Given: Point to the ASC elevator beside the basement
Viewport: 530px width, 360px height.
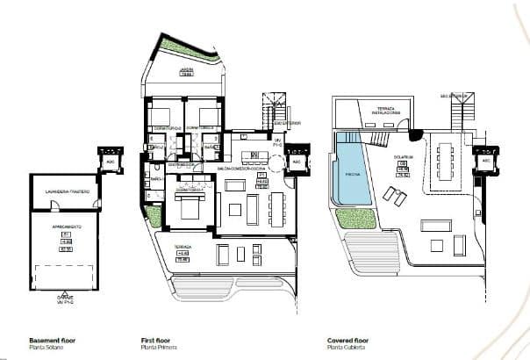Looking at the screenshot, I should pos(111,162).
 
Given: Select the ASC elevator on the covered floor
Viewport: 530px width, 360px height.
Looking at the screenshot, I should pos(484,162).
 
